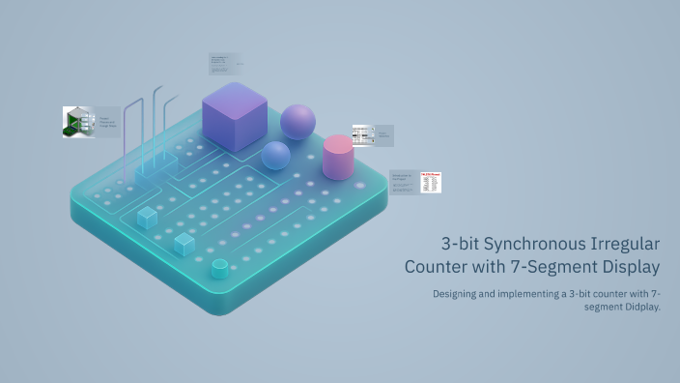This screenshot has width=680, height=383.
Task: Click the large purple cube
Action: pos(235,118)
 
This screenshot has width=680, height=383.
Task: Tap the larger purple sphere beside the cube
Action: pos(297,122)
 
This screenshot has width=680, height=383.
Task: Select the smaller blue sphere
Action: pos(275,156)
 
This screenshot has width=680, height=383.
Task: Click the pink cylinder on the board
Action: pos(337,157)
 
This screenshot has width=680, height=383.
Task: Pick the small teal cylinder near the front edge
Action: pos(219,269)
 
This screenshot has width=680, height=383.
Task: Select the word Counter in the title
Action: pos(438,265)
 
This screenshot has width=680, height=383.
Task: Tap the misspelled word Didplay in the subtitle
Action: pos(639,307)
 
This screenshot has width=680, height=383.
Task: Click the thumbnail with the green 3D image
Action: pos(77,122)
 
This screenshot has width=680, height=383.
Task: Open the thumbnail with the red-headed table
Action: pos(430,182)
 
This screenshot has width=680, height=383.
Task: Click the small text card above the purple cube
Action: pos(224,65)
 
